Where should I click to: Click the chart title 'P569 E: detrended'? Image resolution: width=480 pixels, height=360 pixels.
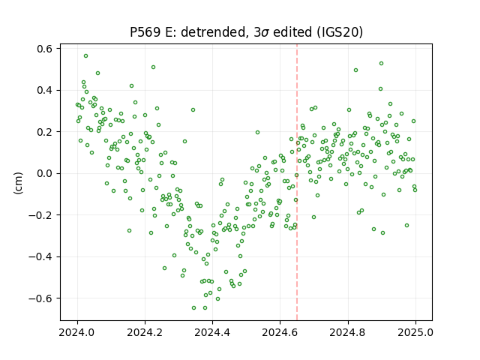pyautogui.click(x=188, y=32)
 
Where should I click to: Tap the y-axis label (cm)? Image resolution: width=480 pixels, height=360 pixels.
pyautogui.click(x=18, y=183)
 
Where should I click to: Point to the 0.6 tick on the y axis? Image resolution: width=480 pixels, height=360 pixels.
pyautogui.click(x=44, y=49)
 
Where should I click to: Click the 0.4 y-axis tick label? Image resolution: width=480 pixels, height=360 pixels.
pyautogui.click(x=44, y=90)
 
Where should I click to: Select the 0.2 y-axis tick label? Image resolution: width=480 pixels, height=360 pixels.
pyautogui.click(x=44, y=132)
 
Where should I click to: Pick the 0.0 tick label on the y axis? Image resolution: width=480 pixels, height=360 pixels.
pyautogui.click(x=44, y=173)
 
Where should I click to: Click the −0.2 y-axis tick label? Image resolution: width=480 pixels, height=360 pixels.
pyautogui.click(x=40, y=215)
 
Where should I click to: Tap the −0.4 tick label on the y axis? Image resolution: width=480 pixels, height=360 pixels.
pyautogui.click(x=40, y=256)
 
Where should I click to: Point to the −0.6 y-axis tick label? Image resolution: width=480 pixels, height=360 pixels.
pyautogui.click(x=40, y=298)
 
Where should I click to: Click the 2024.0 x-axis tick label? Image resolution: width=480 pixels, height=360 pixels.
pyautogui.click(x=77, y=332)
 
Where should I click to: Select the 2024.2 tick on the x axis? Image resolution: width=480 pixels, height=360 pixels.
pyautogui.click(x=145, y=332)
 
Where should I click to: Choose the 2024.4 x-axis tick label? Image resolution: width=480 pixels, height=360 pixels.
pyautogui.click(x=212, y=332)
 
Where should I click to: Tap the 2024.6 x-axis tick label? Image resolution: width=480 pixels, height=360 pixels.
pyautogui.click(x=280, y=332)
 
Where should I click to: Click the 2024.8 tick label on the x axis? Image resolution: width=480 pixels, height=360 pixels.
pyautogui.click(x=348, y=332)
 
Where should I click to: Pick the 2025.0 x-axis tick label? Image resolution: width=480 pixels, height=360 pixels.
pyautogui.click(x=415, y=332)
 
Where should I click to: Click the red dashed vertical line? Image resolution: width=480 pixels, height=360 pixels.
pyautogui.click(x=297, y=182)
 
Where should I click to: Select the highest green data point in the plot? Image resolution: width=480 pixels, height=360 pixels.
pyautogui.click(x=85, y=56)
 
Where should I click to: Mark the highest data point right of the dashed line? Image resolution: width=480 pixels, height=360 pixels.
pyautogui.click(x=381, y=63)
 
